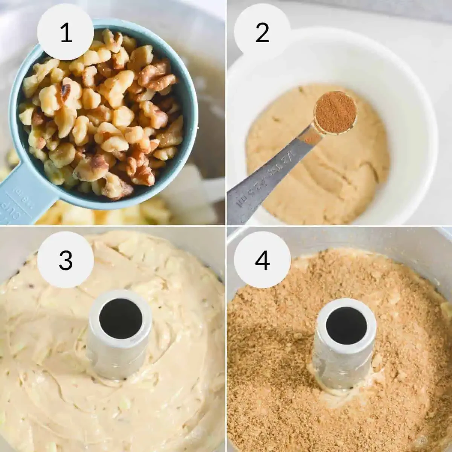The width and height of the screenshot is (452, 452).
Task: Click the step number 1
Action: [x=66, y=33]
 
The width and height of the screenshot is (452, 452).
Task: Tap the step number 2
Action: [x=262, y=33]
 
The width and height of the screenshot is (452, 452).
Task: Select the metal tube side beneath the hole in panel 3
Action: [x=113, y=354]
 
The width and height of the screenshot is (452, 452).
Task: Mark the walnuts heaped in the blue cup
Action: [x=102, y=113]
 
